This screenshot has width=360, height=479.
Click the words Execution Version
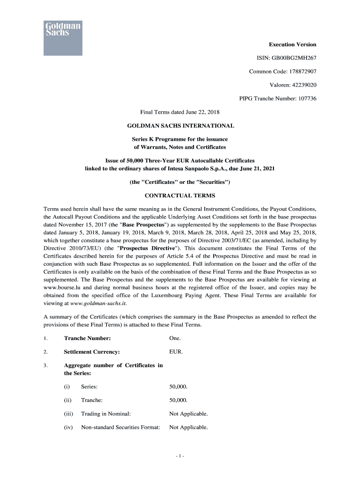tap(292, 44)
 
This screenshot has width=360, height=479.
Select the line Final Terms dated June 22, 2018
tap(180, 112)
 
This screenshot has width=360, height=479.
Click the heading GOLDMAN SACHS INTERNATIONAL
tap(180, 126)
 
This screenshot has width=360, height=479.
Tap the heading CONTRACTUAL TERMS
tap(180, 196)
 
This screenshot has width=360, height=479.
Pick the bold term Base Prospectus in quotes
tap(142, 225)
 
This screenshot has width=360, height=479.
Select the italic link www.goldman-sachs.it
tap(93, 303)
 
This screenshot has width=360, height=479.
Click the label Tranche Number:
tap(87, 338)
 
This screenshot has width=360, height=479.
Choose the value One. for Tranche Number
tap(175, 338)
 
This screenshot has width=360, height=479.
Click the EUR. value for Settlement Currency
tap(176, 352)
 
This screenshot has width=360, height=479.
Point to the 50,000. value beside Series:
tap(178, 387)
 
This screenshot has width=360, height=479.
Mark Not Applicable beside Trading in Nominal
tap(188, 414)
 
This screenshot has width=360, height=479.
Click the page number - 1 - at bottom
tap(180, 456)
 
